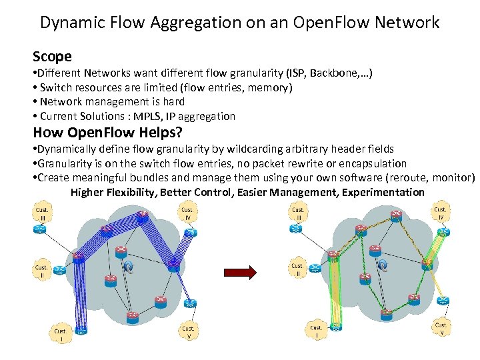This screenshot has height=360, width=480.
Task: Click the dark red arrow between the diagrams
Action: click(240, 272)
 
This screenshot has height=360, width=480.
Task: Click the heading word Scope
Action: click(52, 57)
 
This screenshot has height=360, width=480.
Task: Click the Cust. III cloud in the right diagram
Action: click(298, 214)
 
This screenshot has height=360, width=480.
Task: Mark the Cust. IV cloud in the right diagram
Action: click(440, 213)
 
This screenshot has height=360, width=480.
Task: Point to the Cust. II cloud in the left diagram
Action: click(41, 269)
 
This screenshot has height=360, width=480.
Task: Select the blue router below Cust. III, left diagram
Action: click(41, 228)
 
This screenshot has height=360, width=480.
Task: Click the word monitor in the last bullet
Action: click(453, 178)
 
